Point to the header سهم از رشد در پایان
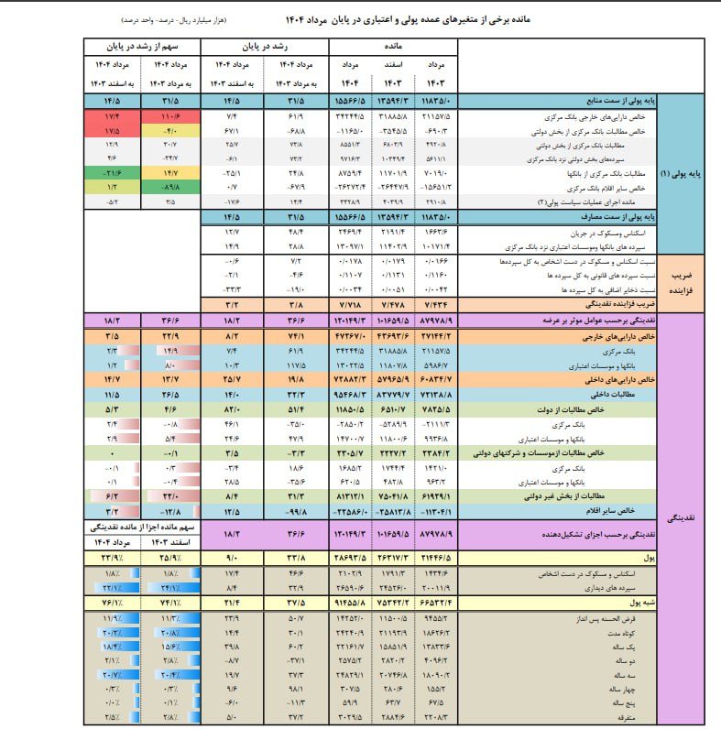[142, 44]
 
